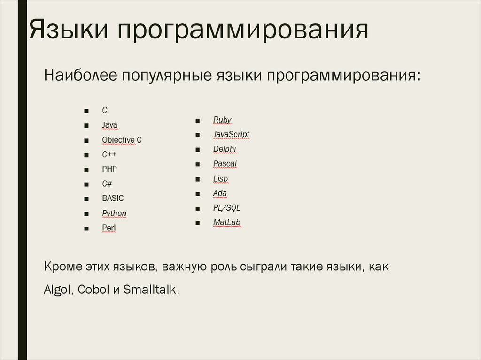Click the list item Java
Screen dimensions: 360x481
(109, 125)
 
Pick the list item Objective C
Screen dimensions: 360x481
(122, 140)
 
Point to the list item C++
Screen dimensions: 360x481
(109, 154)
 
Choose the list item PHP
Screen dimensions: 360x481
(109, 169)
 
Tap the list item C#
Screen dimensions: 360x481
(107, 184)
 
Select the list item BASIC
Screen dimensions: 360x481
(113, 199)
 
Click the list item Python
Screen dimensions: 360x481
(114, 214)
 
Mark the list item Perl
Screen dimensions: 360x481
(109, 228)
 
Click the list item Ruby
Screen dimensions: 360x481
(222, 120)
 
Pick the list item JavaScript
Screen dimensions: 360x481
(231, 135)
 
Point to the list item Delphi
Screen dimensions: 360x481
(225, 149)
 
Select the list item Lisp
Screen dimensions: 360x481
(220, 179)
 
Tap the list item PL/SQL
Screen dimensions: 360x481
(226, 208)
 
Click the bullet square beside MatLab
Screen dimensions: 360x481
(198, 223)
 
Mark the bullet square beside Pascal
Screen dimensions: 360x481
(198, 164)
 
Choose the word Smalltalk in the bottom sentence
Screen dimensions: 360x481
(151, 290)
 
